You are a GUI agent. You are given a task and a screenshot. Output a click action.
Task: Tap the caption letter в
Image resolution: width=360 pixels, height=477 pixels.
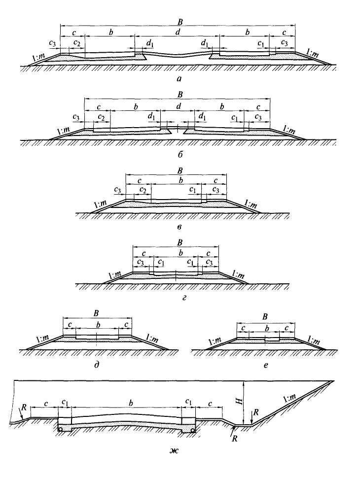click(180, 227)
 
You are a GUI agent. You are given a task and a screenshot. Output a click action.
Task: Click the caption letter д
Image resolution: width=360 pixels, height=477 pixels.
click(98, 364)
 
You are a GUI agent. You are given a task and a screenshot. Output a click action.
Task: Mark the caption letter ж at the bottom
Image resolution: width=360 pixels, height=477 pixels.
click(172, 449)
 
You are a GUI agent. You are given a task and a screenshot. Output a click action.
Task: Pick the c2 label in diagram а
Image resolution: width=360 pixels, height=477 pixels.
click(76, 43)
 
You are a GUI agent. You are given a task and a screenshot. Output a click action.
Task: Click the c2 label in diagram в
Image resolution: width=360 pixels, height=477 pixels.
click(143, 190)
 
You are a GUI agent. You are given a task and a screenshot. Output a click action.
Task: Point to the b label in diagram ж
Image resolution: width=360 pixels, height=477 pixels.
click(131, 403)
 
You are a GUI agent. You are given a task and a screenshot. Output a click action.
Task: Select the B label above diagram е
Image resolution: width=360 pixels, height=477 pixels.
click(265, 316)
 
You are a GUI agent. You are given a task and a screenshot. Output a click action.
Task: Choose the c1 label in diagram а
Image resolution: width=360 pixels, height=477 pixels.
click(261, 43)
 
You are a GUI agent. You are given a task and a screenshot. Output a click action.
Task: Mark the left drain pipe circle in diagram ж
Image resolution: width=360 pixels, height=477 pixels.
click(61, 430)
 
